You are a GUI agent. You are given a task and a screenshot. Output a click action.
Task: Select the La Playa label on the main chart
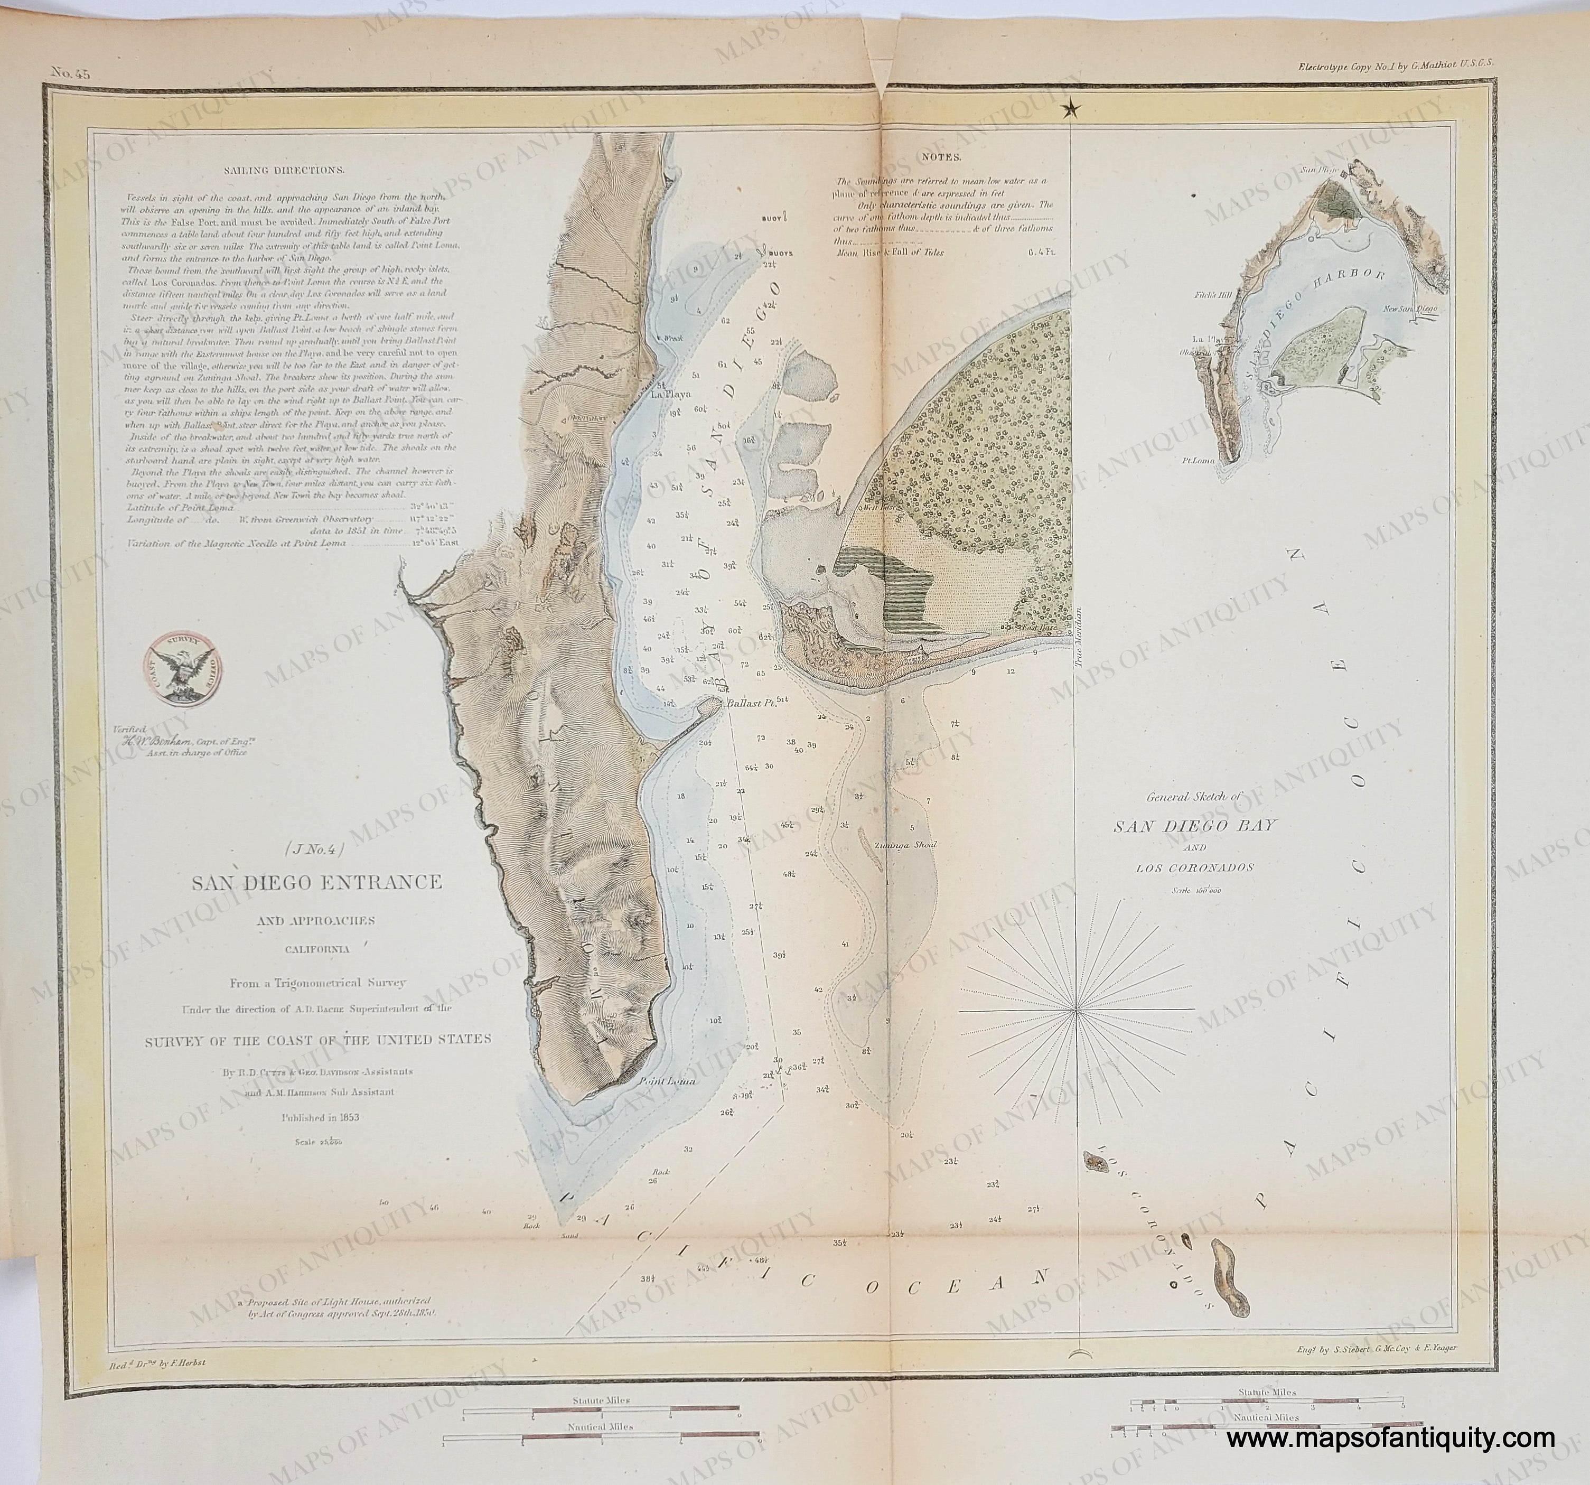coord(669,394)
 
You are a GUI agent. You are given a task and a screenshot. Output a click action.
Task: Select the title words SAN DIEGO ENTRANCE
coord(315,883)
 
